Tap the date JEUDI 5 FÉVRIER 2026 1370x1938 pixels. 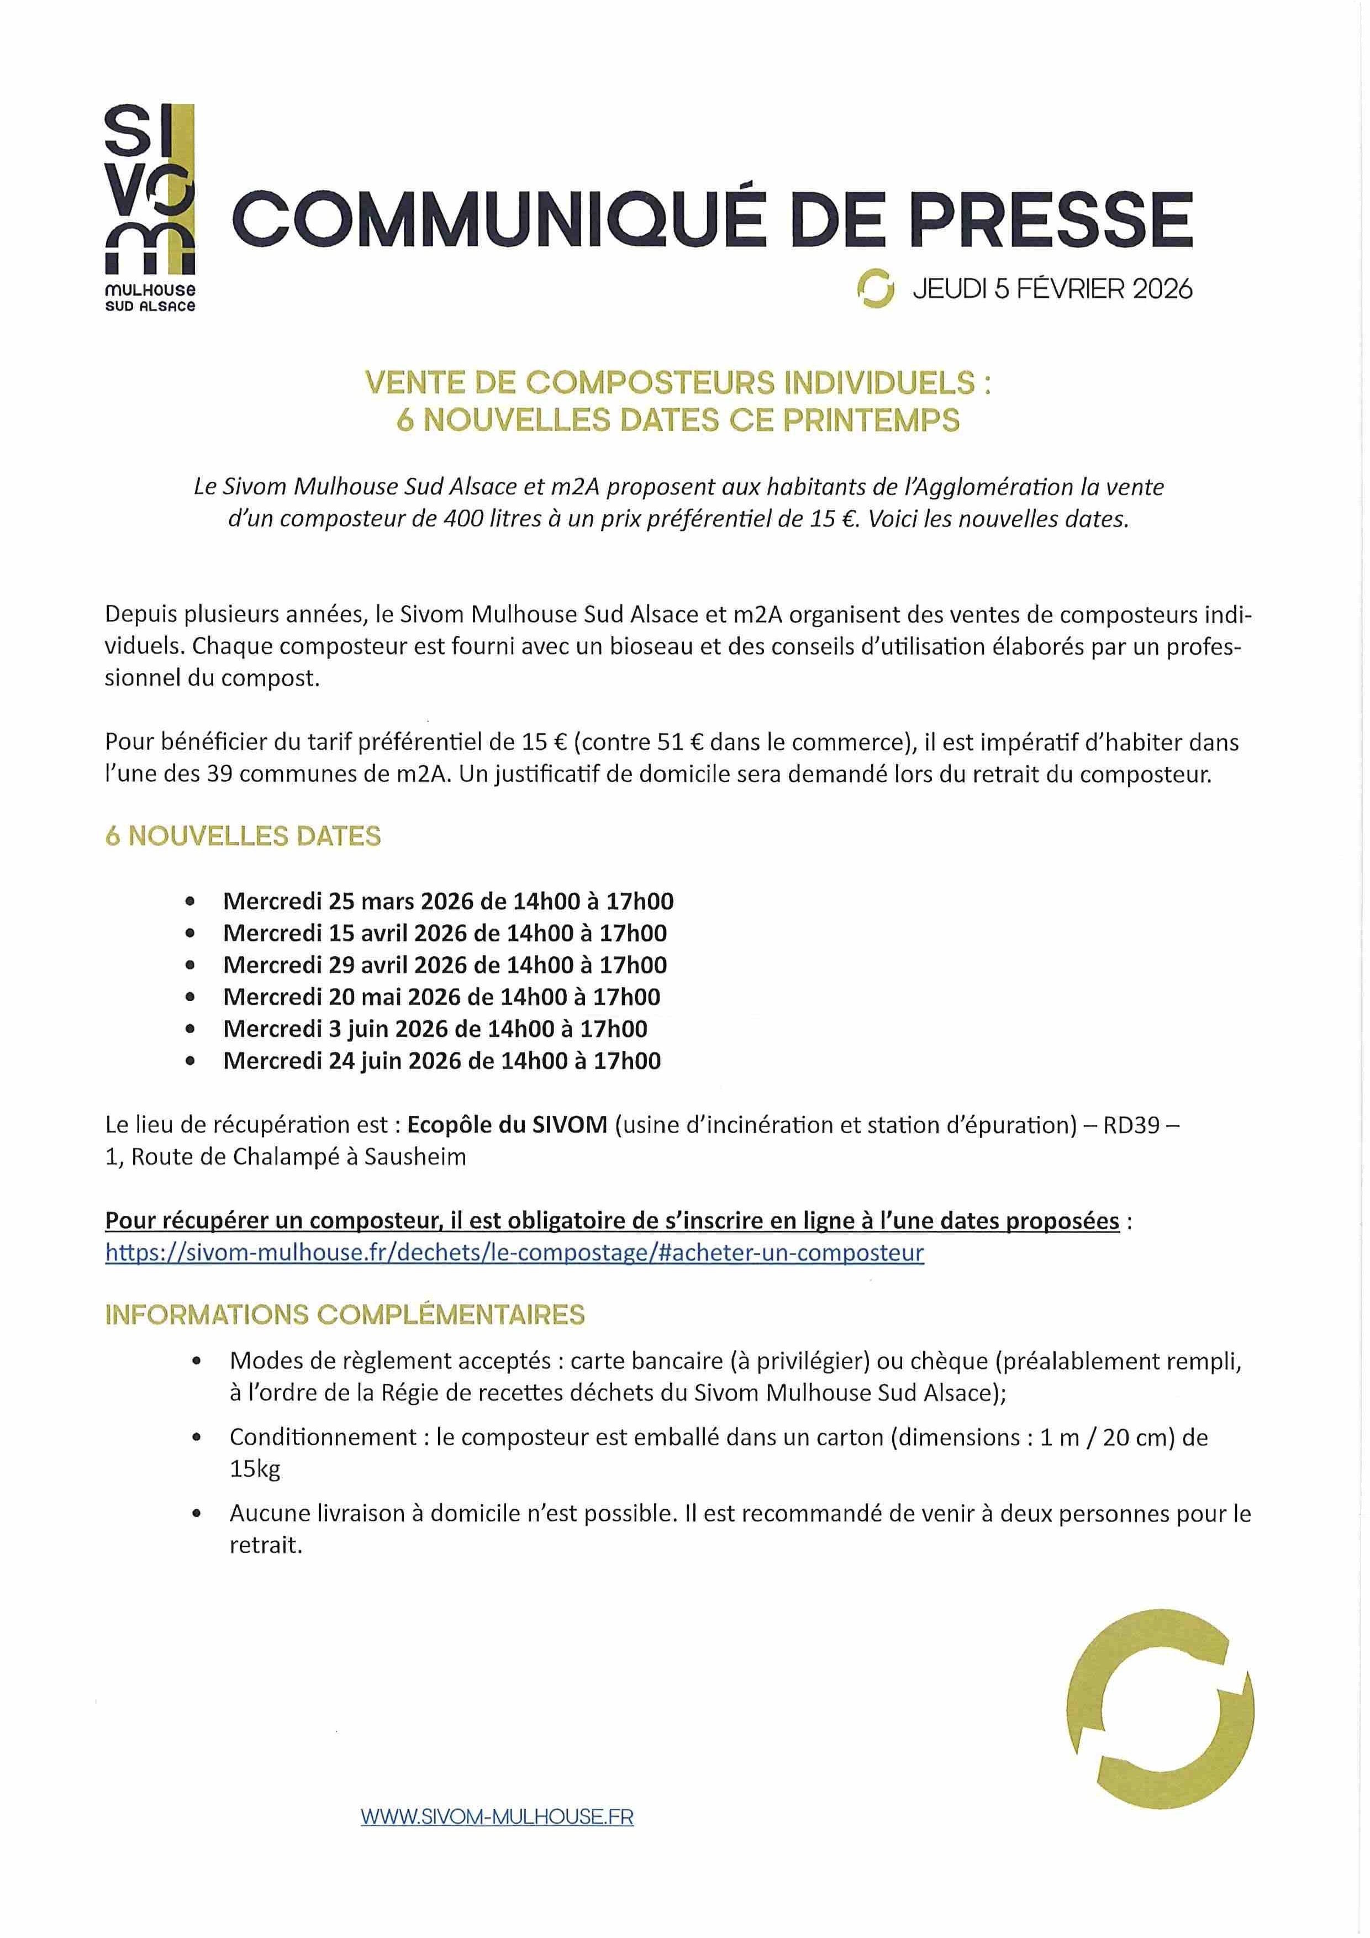click(1052, 289)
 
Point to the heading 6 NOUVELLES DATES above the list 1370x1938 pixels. click(243, 836)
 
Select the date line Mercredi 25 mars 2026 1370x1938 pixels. click(447, 902)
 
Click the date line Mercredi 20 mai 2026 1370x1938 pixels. click(441, 997)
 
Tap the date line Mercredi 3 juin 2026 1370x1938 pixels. click(435, 1029)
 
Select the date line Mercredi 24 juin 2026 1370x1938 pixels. click(441, 1061)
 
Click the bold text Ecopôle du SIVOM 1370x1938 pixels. click(507, 1125)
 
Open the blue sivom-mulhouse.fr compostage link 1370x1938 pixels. click(514, 1252)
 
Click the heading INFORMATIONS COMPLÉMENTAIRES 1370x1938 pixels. click(344, 1315)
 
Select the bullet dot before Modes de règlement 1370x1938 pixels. click(197, 1361)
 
